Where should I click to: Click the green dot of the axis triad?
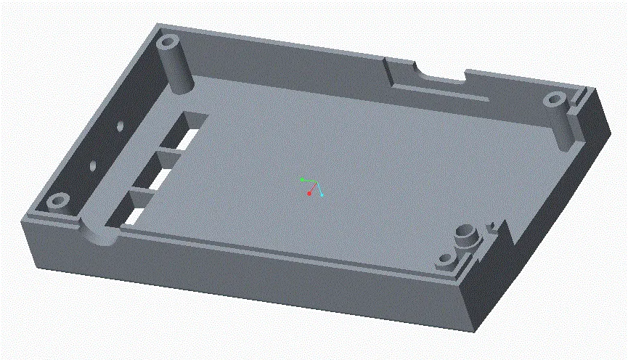301,179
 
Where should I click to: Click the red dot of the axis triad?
309,194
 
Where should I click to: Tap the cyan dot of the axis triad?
321,195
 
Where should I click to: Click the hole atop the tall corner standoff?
168,41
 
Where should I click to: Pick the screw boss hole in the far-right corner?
555,99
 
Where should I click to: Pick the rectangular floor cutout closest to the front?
136,213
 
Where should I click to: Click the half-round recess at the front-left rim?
99,235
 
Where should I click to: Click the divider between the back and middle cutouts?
168,155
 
